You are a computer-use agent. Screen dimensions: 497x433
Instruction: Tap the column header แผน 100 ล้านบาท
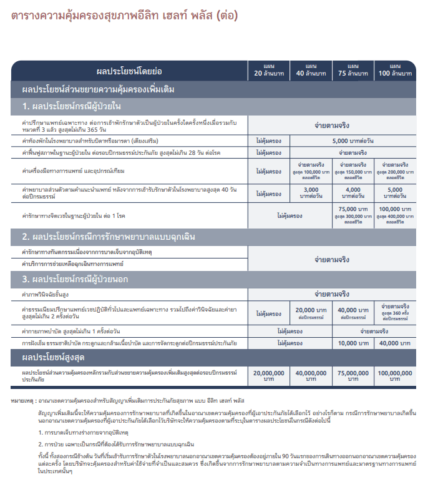395,71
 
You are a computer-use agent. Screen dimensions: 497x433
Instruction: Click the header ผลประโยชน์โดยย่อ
129,71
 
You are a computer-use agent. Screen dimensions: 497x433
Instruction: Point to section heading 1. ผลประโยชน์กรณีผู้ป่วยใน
72,105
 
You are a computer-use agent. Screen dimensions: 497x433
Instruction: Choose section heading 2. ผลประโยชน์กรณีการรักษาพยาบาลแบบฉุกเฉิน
110,237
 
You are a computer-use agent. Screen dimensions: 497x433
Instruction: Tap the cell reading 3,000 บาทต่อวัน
311,192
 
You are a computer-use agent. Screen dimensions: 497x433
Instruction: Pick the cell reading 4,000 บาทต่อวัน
353,192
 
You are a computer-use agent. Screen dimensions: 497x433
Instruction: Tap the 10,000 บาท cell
353,343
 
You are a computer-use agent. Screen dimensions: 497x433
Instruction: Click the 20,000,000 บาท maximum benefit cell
269,375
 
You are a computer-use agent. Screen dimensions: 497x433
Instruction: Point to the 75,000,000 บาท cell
353,375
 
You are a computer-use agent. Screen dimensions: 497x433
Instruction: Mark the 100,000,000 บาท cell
395,375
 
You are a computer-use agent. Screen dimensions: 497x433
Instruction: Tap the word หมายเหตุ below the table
23,399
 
